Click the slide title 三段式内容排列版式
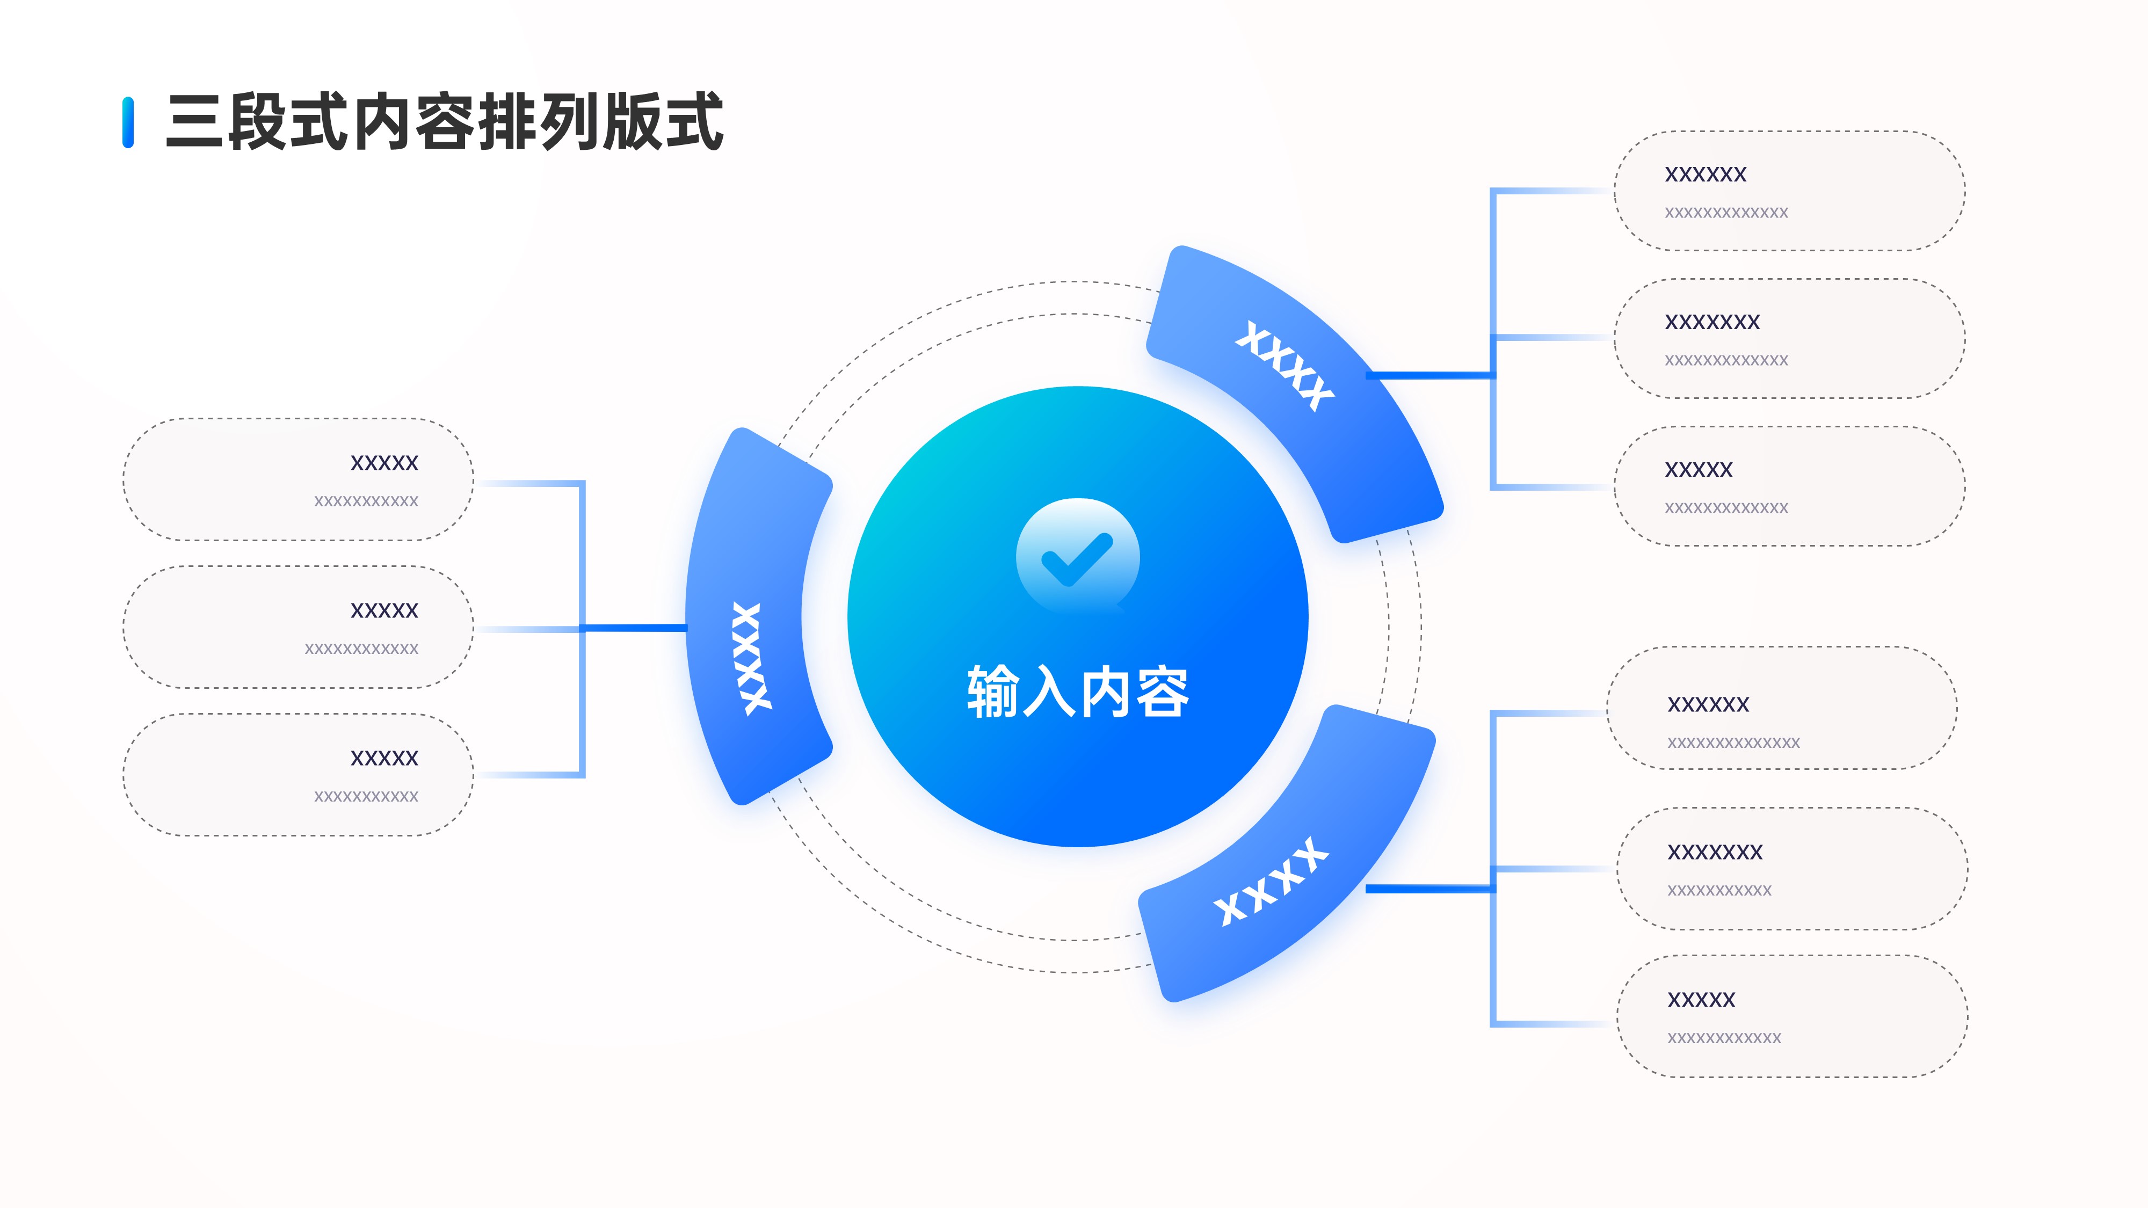point(444,122)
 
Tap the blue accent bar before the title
point(128,122)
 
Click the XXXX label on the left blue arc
point(752,659)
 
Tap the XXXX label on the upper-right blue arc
point(1284,367)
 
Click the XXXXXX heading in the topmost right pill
point(1705,174)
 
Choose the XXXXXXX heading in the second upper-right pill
point(1712,322)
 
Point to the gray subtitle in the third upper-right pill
point(1726,508)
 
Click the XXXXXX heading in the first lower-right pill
point(1708,704)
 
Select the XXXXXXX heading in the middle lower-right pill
point(1715,852)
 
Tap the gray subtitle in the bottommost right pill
point(1724,1038)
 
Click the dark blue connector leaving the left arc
point(634,628)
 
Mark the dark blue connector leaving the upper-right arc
point(1429,375)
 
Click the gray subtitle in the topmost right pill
point(1726,213)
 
